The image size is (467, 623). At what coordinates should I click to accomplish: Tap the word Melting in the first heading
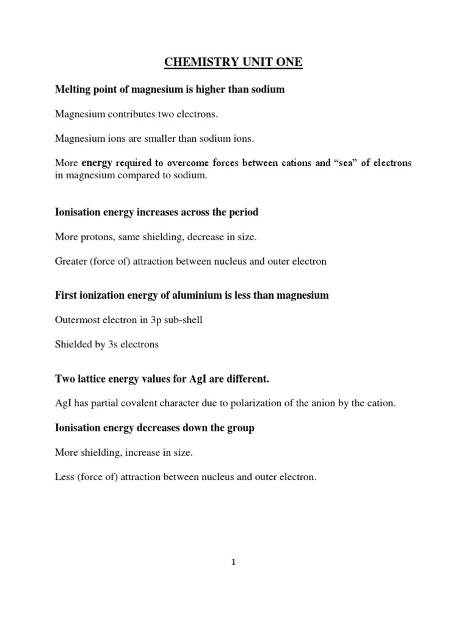(x=72, y=90)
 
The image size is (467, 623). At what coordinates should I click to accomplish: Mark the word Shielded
(x=72, y=344)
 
